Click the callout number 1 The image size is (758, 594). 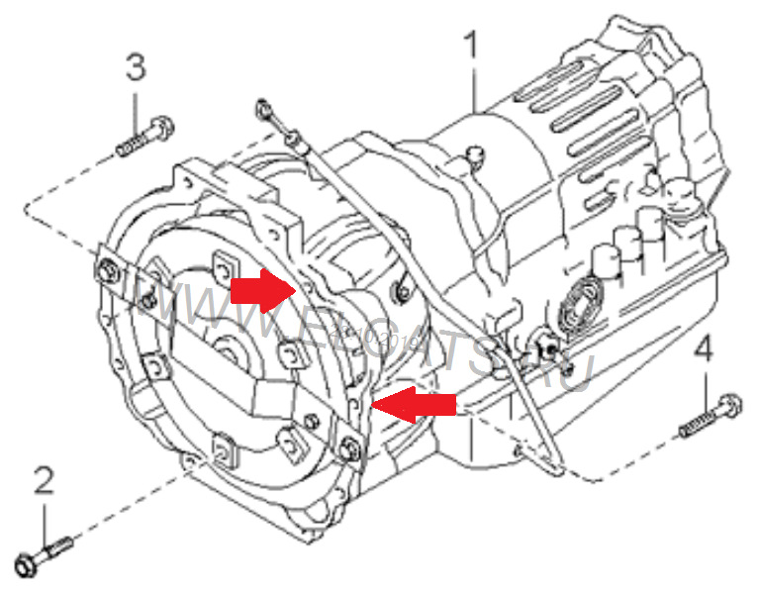tap(473, 46)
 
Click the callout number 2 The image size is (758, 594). tap(44, 482)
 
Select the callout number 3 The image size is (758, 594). tap(135, 68)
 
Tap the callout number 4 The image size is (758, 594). tap(703, 349)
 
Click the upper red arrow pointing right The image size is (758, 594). tap(259, 290)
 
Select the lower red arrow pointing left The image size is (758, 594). tap(414, 404)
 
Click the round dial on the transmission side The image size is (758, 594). tap(576, 303)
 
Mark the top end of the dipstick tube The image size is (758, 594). tap(263, 105)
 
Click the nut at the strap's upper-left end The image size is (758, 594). tap(104, 267)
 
